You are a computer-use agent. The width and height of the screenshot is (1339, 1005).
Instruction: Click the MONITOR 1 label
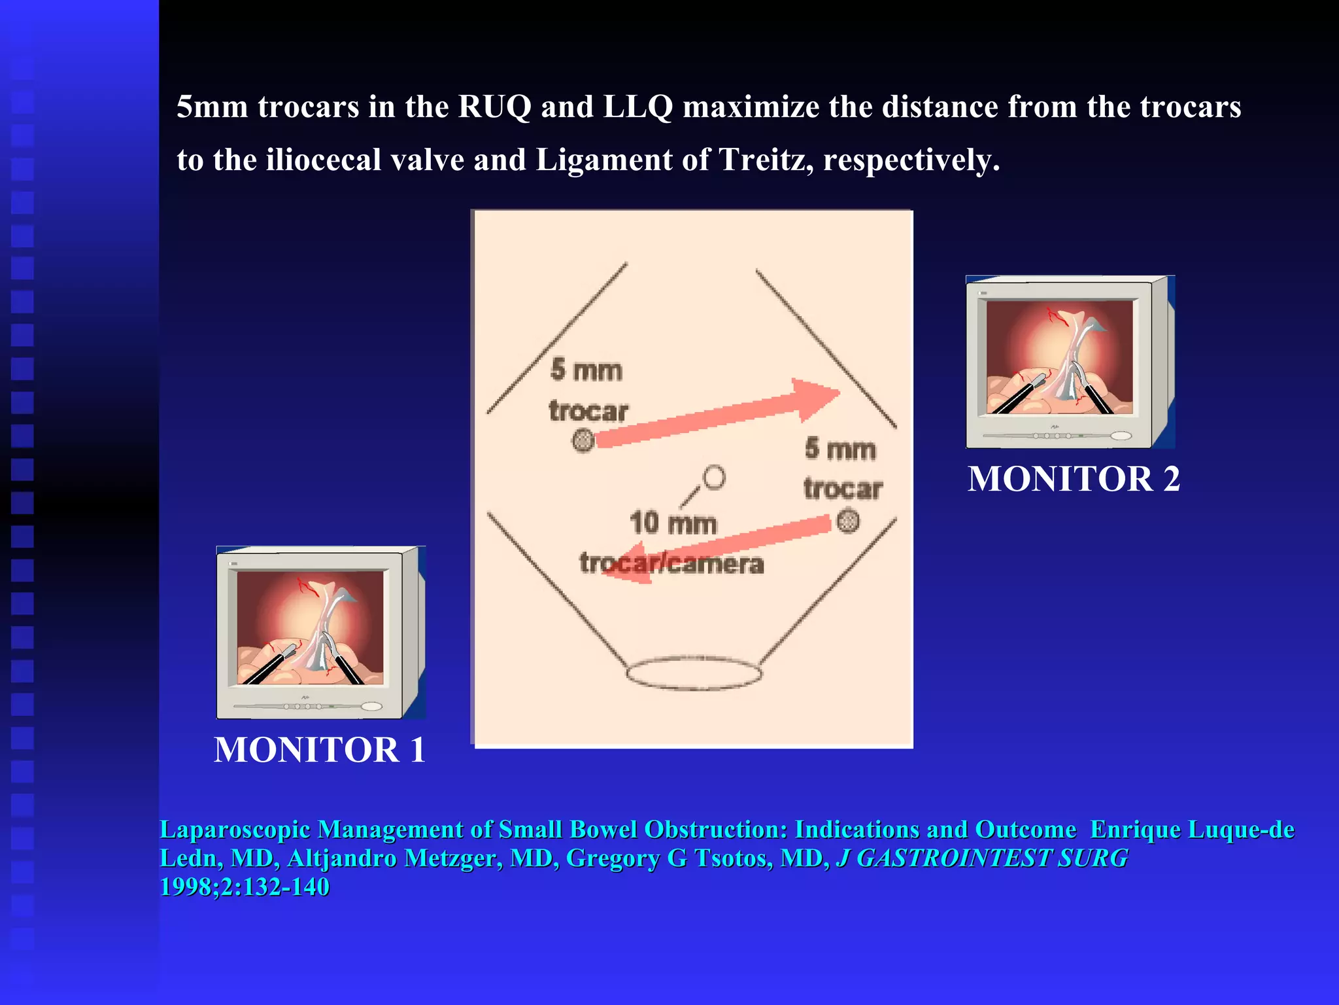(320, 750)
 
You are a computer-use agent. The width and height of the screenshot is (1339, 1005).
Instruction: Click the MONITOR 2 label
(1074, 479)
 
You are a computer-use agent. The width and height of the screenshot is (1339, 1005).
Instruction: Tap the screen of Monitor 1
(310, 627)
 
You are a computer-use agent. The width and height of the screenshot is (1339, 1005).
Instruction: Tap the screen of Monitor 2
(1059, 357)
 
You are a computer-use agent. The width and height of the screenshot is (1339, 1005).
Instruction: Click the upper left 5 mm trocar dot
(583, 440)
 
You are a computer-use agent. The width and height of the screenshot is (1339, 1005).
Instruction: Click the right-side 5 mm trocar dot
(848, 521)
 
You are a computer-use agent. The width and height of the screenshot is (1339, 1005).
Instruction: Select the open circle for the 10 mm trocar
(714, 477)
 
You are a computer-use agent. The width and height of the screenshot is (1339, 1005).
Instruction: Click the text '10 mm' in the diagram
(673, 523)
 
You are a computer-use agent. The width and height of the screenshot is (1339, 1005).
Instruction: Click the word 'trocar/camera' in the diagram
(671, 563)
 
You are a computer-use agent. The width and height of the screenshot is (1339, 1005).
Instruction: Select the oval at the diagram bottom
(694, 673)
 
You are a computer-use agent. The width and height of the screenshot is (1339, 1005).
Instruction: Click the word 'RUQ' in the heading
(494, 107)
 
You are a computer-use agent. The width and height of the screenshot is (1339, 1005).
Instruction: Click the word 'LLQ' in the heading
(637, 107)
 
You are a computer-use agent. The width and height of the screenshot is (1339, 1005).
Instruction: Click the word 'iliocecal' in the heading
(323, 160)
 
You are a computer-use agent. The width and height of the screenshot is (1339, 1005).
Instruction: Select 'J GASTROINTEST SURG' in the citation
(982, 858)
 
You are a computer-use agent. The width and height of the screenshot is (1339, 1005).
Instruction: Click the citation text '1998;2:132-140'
(245, 887)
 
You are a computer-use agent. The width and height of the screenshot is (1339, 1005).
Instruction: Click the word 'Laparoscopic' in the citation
(235, 830)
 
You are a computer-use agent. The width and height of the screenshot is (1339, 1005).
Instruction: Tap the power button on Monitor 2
(1121, 436)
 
